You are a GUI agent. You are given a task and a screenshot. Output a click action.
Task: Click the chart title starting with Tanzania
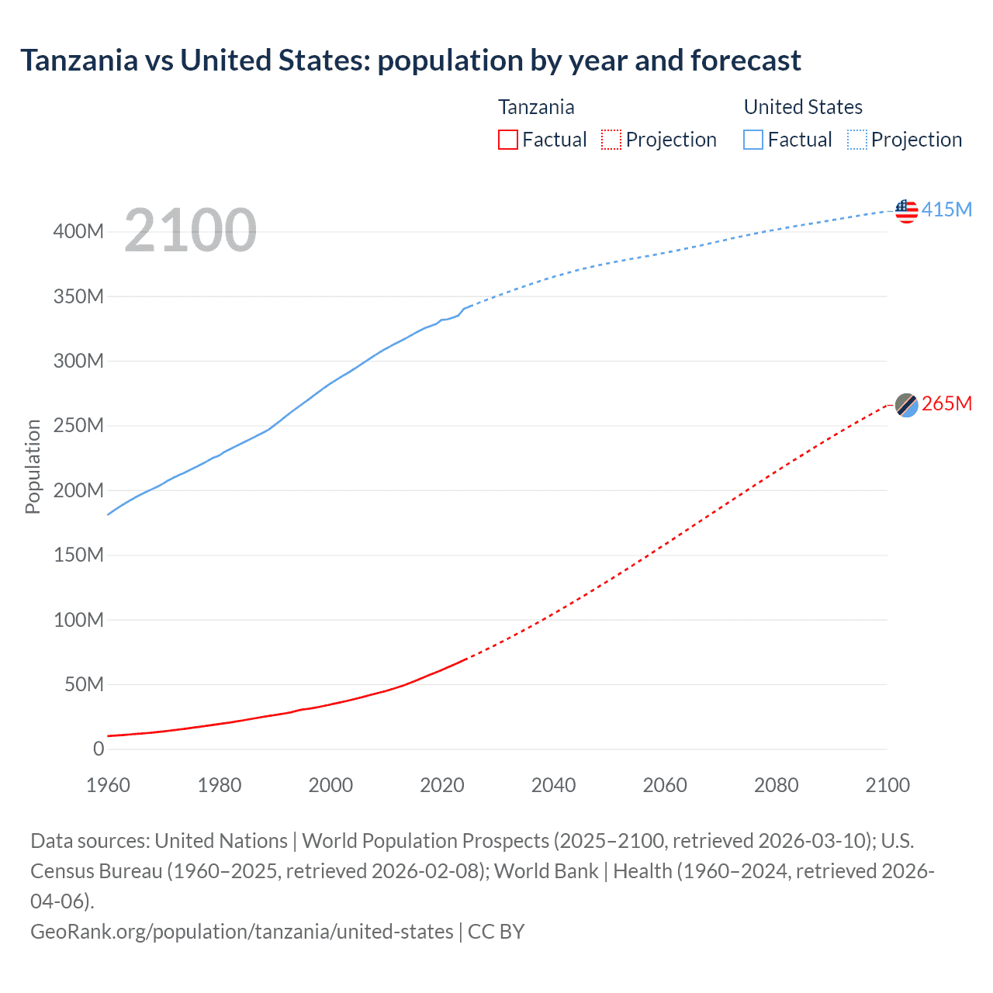pyautogui.click(x=410, y=61)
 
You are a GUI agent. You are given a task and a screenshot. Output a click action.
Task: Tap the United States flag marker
pyautogui.click(x=906, y=210)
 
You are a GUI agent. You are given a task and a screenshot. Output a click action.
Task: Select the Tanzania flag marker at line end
pyautogui.click(x=906, y=405)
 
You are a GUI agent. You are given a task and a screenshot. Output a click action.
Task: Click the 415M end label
pyautogui.click(x=946, y=210)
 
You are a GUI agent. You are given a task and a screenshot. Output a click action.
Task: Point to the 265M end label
pyautogui.click(x=946, y=404)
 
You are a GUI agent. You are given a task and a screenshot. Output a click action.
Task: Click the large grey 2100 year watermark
pyautogui.click(x=190, y=230)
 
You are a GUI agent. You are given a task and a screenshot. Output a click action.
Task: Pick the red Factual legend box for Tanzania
pyautogui.click(x=508, y=140)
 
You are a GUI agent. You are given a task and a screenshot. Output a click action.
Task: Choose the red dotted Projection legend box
pyautogui.click(x=611, y=140)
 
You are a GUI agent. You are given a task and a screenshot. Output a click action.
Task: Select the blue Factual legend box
pyautogui.click(x=753, y=140)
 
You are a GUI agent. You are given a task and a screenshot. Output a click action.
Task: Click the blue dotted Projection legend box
pyautogui.click(x=857, y=140)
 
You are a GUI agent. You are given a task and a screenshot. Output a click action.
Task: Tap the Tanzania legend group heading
pyautogui.click(x=536, y=107)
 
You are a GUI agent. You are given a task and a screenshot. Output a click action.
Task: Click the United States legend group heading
pyautogui.click(x=803, y=107)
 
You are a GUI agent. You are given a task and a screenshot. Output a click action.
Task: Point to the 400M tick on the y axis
pyautogui.click(x=78, y=232)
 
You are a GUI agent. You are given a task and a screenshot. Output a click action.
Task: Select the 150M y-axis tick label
pyautogui.click(x=78, y=555)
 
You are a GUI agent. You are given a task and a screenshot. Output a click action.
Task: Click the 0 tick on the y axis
pyautogui.click(x=99, y=749)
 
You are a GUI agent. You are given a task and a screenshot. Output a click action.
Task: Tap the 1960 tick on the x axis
pyautogui.click(x=108, y=785)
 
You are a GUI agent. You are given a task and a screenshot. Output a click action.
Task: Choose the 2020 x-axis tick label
pyautogui.click(x=442, y=785)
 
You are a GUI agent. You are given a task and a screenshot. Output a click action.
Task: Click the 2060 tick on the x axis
pyautogui.click(x=665, y=785)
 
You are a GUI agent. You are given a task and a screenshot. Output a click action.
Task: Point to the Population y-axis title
pyautogui.click(x=33, y=466)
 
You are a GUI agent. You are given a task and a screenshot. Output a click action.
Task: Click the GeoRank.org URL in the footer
pyautogui.click(x=241, y=932)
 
